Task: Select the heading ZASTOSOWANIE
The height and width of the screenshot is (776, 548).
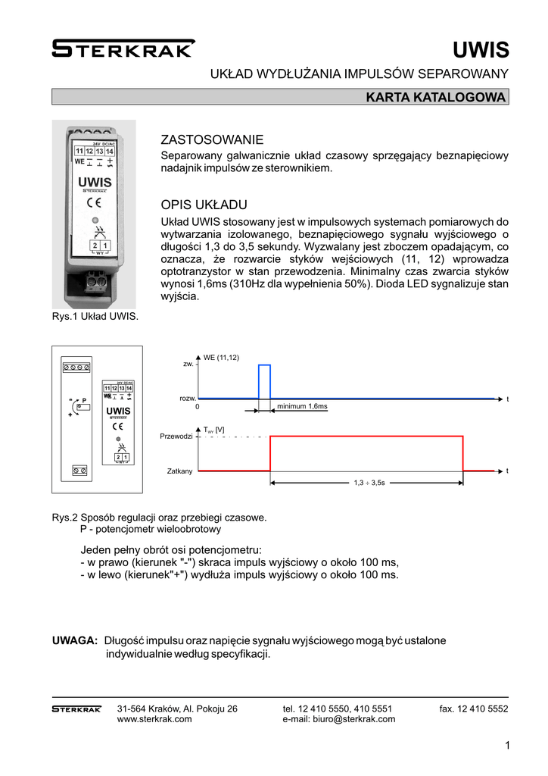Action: pos(213,139)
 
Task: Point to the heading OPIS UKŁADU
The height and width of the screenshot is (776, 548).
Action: pos(204,205)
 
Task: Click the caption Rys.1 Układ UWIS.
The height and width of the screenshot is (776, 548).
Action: pos(95,317)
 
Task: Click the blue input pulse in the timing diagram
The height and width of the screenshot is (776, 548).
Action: pos(264,381)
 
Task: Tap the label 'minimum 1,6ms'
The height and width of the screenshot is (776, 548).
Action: pos(302,407)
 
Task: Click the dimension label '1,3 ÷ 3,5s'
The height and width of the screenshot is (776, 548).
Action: pos(369,482)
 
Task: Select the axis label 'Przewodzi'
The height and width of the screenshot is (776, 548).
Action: pos(177,437)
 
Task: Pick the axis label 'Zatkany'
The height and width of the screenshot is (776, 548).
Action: pos(180,471)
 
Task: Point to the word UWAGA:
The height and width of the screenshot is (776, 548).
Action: pos(75,641)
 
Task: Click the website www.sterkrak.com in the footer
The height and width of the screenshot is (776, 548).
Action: pos(154,719)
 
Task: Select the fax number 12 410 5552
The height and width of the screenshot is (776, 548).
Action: pos(474,709)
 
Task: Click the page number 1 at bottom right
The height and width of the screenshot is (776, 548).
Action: pos(506,746)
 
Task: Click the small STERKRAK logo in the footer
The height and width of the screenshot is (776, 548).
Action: pos(76,709)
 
